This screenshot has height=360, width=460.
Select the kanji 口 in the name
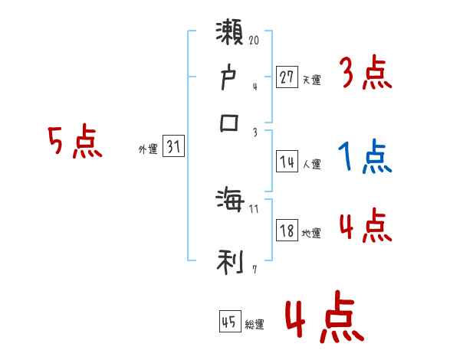pyautogui.click(x=230, y=123)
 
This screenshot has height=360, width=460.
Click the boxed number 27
pyautogui.click(x=287, y=77)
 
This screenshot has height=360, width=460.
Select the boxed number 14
pyautogui.click(x=287, y=162)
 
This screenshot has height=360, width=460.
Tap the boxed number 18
pyautogui.click(x=287, y=231)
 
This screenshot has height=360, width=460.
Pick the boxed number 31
pyautogui.click(x=173, y=147)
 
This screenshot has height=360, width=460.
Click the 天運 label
pyautogui.click(x=312, y=80)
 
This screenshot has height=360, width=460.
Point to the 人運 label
pyautogui.click(x=312, y=164)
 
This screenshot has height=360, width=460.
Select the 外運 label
pyautogui.click(x=148, y=149)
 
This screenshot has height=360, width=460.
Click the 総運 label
pyautogui.click(x=255, y=325)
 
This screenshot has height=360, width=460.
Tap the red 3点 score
pyautogui.click(x=365, y=74)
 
